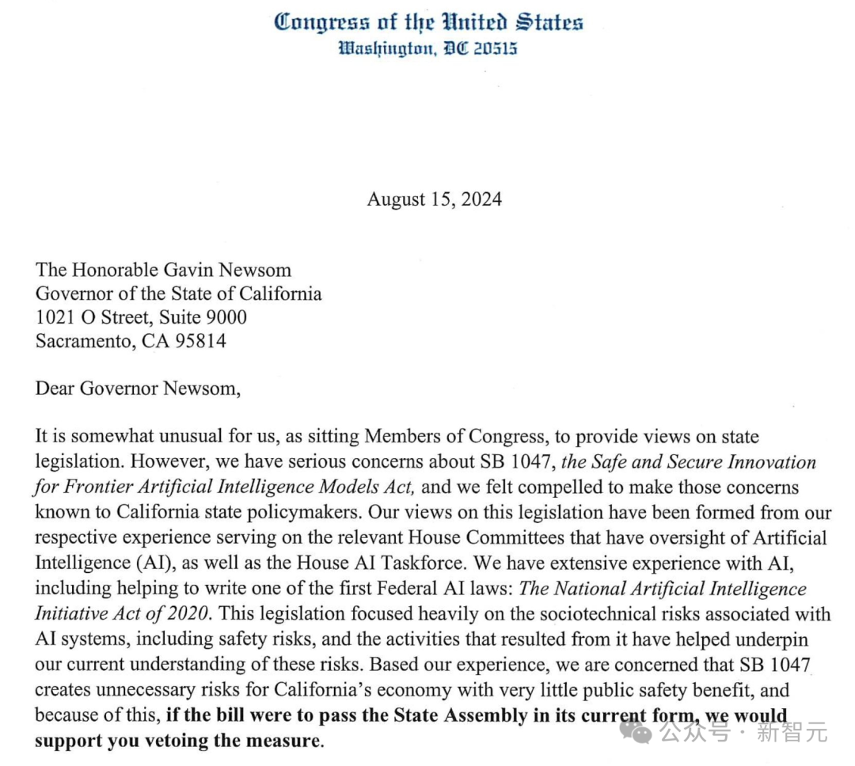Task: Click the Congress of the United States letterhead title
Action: pos(428,21)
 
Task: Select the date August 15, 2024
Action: pos(434,199)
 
